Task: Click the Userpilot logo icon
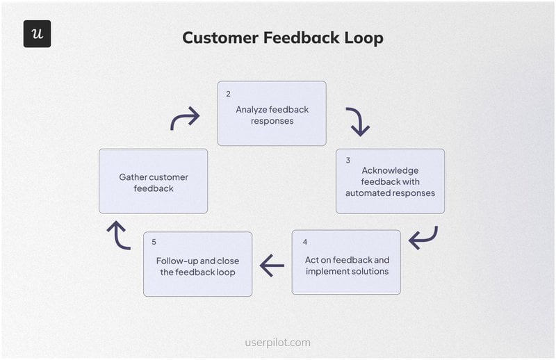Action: (x=37, y=34)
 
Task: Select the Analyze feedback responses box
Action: (x=272, y=113)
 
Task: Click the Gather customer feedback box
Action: (x=153, y=181)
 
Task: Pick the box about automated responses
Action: (x=390, y=181)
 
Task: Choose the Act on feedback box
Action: (x=346, y=263)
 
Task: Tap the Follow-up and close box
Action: (x=197, y=265)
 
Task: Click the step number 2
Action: (x=228, y=93)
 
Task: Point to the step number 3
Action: (x=347, y=160)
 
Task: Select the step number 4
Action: (x=304, y=242)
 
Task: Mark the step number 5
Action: (x=154, y=242)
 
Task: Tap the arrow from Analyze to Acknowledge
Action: (x=357, y=121)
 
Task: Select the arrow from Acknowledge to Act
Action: (x=423, y=238)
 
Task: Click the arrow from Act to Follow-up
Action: (x=272, y=265)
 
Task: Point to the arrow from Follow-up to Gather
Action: (x=118, y=236)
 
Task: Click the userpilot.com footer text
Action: (x=278, y=343)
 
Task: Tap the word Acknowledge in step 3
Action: (x=390, y=170)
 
